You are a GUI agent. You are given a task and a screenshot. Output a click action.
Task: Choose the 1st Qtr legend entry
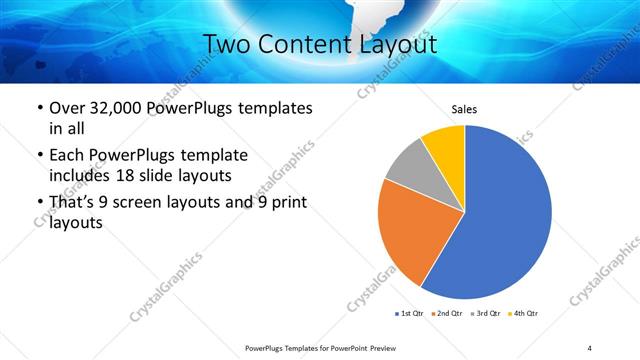(409, 314)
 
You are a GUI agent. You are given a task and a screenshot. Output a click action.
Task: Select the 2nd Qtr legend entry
(447, 314)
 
